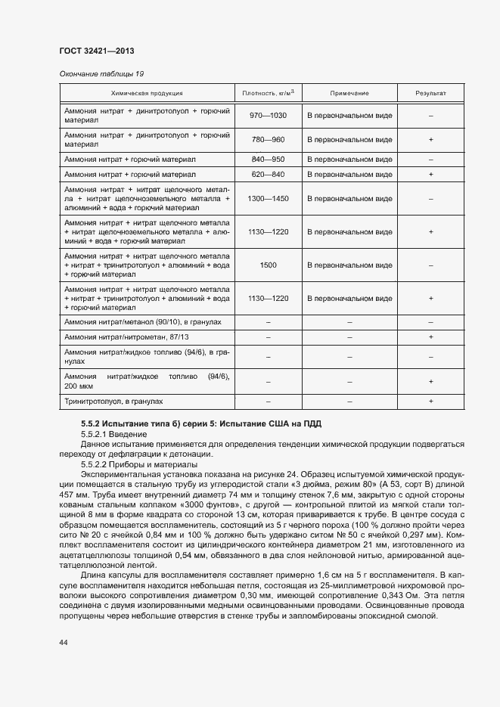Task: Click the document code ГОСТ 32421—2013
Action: pos(97,51)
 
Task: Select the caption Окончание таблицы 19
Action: pos(101,73)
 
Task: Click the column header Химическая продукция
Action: pos(147,93)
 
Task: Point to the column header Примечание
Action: pos(349,93)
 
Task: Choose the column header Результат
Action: pos(430,93)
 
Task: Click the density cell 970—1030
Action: pos(268,115)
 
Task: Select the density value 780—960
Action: pos(268,140)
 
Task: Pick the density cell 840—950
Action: pos(268,160)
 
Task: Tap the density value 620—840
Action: pos(268,174)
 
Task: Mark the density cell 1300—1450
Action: pos(268,198)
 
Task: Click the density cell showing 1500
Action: pos(268,265)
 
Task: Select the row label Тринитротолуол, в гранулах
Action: pos(114,401)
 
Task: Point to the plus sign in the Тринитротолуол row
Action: pos(430,401)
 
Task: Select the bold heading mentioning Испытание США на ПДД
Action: pos(206,423)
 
